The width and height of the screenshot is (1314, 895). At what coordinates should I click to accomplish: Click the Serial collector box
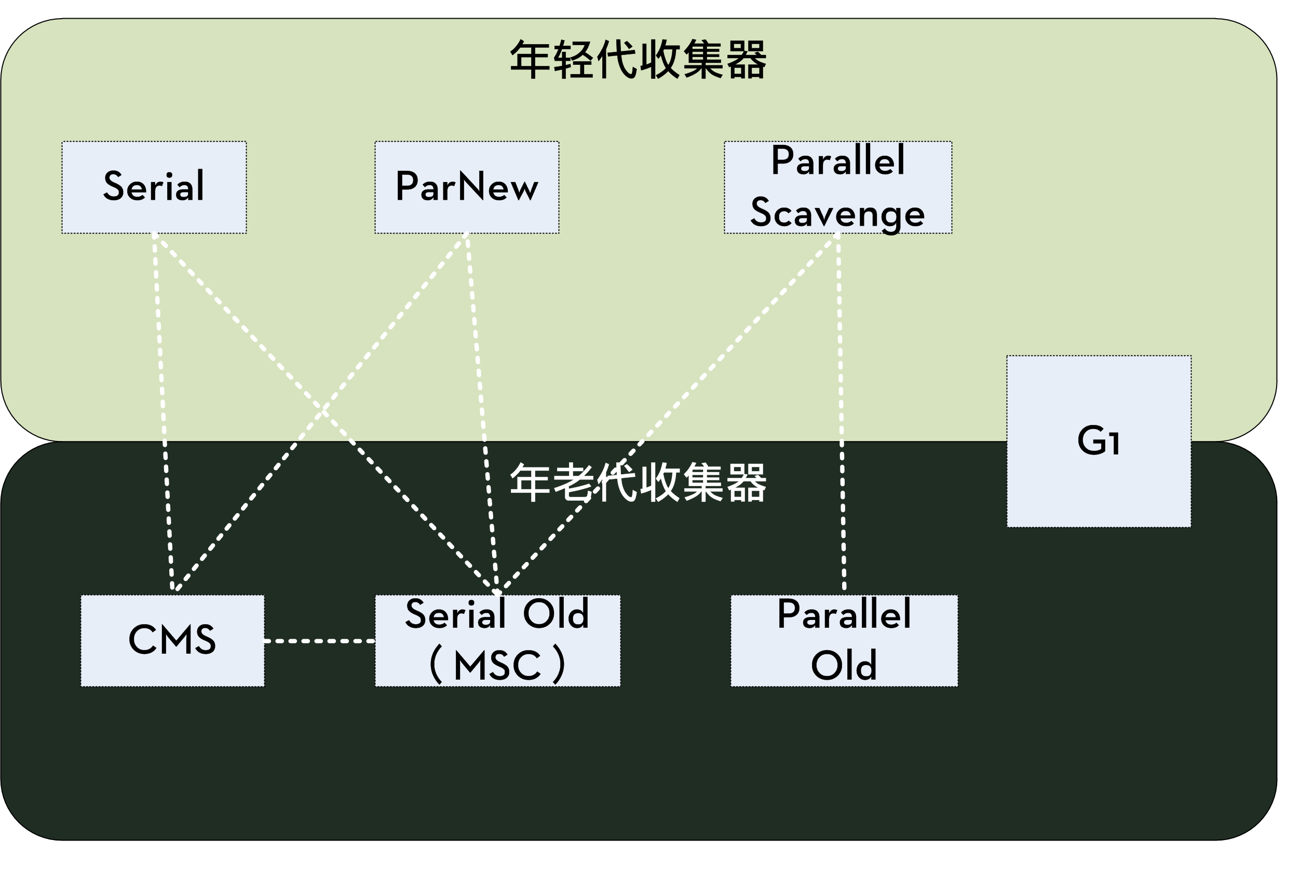click(x=154, y=187)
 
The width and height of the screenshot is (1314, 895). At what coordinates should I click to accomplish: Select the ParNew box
click(x=466, y=187)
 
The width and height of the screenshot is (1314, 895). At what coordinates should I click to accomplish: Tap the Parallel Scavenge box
click(x=837, y=187)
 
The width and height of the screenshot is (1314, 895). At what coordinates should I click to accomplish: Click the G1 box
click(x=1098, y=442)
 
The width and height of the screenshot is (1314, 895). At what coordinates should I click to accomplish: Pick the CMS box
click(x=172, y=640)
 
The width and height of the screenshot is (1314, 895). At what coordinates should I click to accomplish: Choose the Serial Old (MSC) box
click(x=497, y=640)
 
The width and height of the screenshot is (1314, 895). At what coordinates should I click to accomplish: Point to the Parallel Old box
click(x=844, y=640)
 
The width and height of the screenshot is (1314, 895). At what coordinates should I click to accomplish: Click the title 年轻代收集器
click(x=638, y=60)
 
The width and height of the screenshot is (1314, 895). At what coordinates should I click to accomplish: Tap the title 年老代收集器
click(x=638, y=483)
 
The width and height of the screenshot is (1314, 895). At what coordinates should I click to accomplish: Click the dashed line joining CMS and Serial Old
click(x=319, y=641)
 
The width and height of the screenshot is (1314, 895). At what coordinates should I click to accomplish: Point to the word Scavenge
click(x=837, y=214)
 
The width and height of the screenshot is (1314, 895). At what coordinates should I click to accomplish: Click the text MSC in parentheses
click(x=497, y=666)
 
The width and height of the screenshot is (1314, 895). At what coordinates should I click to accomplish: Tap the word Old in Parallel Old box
click(x=844, y=666)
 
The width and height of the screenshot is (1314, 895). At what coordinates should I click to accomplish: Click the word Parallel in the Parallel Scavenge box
click(x=837, y=161)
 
